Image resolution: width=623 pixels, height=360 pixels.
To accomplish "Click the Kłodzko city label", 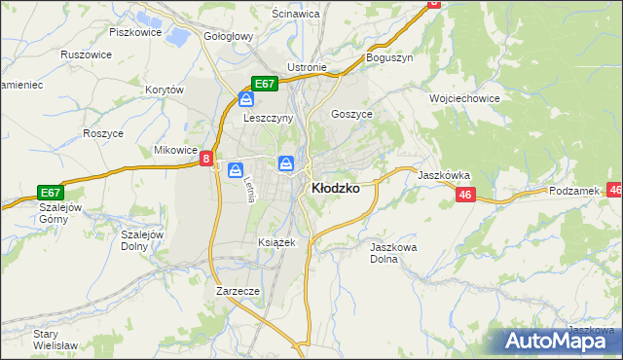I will [334, 189].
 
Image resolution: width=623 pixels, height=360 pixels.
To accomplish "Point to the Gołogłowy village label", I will [228, 36].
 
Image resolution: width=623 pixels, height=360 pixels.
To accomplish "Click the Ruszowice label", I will [85, 55].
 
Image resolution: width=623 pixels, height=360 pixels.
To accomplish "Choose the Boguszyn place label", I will [389, 57].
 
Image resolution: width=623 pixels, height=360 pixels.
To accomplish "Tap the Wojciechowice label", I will [464, 98].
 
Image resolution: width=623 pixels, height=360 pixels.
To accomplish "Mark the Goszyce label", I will [351, 113].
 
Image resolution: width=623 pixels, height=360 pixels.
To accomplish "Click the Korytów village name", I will [165, 90].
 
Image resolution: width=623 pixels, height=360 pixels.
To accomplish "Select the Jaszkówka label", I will [444, 175].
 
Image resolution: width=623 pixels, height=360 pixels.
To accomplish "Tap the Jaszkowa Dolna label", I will [393, 253].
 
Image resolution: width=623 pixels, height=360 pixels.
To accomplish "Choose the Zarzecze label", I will [238, 290].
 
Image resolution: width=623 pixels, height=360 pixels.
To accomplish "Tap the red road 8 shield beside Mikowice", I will [206, 157].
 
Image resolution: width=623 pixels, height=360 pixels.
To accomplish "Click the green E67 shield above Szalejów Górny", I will [51, 192].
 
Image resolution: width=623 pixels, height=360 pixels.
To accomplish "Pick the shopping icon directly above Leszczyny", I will [247, 98].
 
